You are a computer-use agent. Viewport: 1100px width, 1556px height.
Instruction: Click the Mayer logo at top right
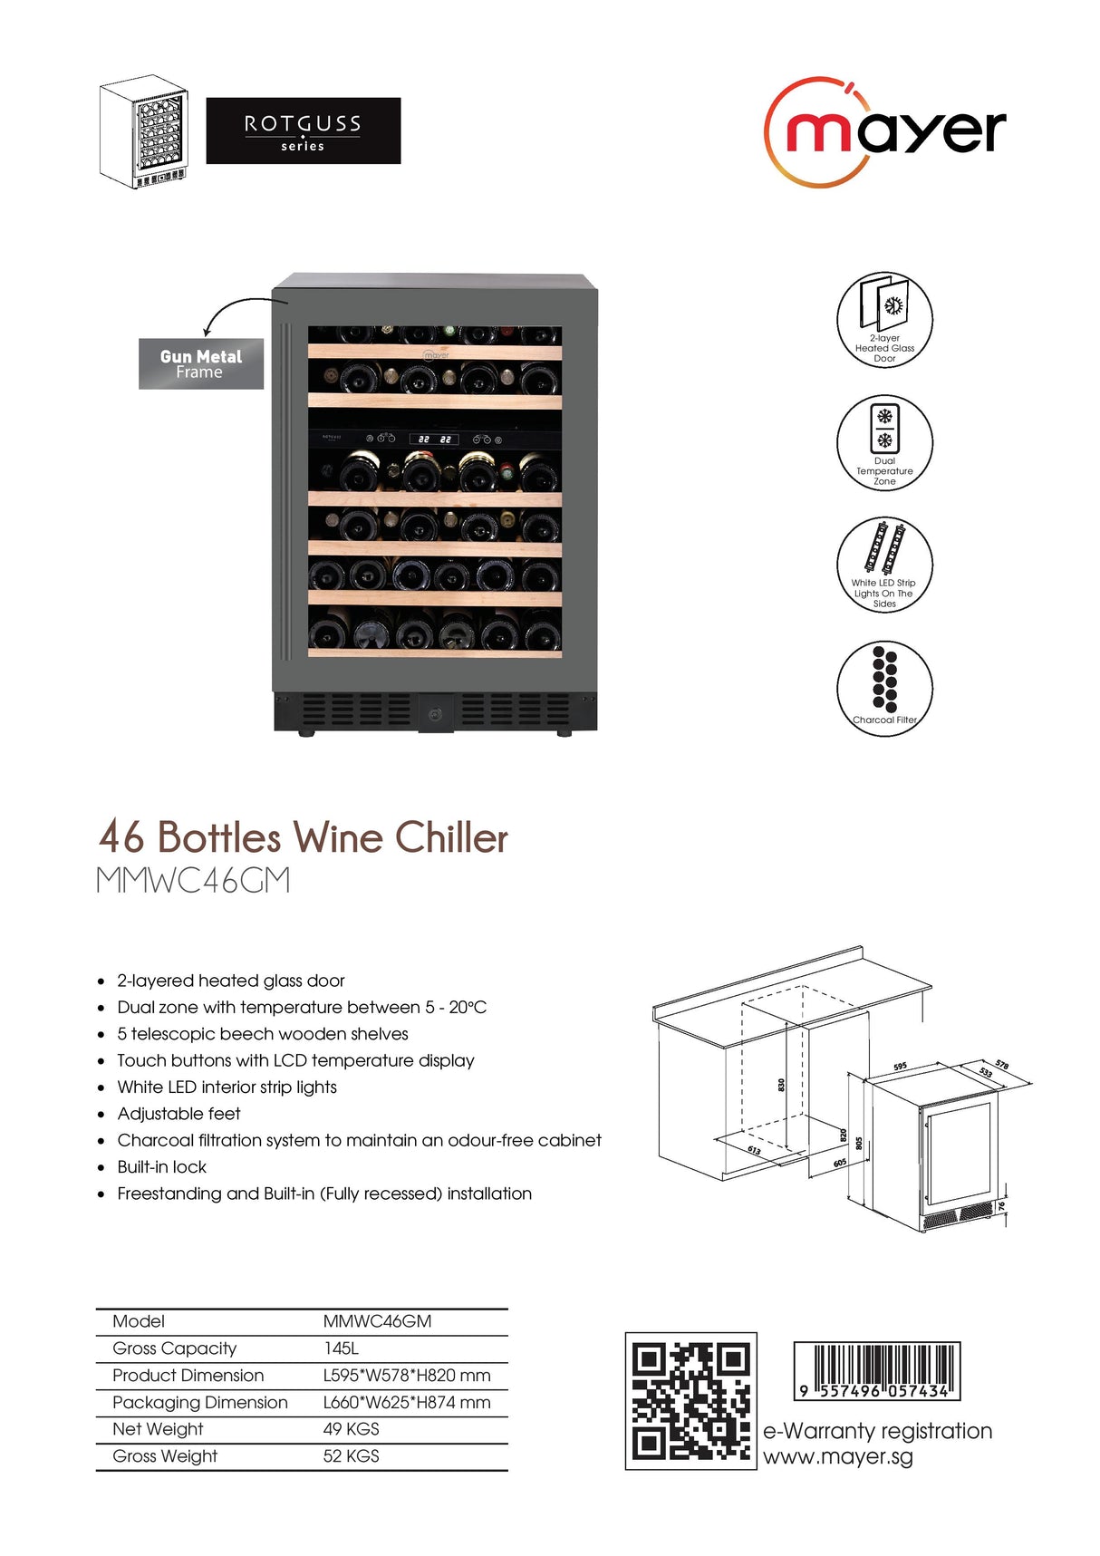point(884,132)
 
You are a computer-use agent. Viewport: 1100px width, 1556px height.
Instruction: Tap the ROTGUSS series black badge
point(303,130)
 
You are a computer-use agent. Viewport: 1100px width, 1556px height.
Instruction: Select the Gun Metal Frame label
point(200,363)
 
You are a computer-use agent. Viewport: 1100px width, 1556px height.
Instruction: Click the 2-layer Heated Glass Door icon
point(884,319)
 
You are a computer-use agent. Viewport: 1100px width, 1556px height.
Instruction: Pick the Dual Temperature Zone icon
point(884,442)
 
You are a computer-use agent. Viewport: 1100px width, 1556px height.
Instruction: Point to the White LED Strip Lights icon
point(884,564)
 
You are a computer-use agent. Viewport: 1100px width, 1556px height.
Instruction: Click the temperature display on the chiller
point(434,439)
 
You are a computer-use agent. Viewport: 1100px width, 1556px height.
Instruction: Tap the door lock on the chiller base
point(435,714)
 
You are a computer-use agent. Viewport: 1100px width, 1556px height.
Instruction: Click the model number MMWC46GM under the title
point(193,881)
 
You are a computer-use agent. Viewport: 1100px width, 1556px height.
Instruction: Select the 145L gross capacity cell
point(341,1348)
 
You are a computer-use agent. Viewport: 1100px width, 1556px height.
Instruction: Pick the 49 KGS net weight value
point(351,1429)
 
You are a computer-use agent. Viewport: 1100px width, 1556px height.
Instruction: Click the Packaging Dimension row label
point(199,1402)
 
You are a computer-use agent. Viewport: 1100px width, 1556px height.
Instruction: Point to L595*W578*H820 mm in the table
point(406,1376)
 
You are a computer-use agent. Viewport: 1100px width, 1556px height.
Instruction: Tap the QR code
point(690,1400)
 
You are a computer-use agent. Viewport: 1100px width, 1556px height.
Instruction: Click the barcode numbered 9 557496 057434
point(876,1371)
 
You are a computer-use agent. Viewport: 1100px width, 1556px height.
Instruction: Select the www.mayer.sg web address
point(837,1457)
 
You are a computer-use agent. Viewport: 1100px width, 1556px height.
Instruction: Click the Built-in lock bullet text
point(161,1167)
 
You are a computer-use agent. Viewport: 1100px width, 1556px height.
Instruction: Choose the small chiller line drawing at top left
point(143,131)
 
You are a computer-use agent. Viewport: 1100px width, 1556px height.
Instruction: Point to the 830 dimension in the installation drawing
point(781,1084)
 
